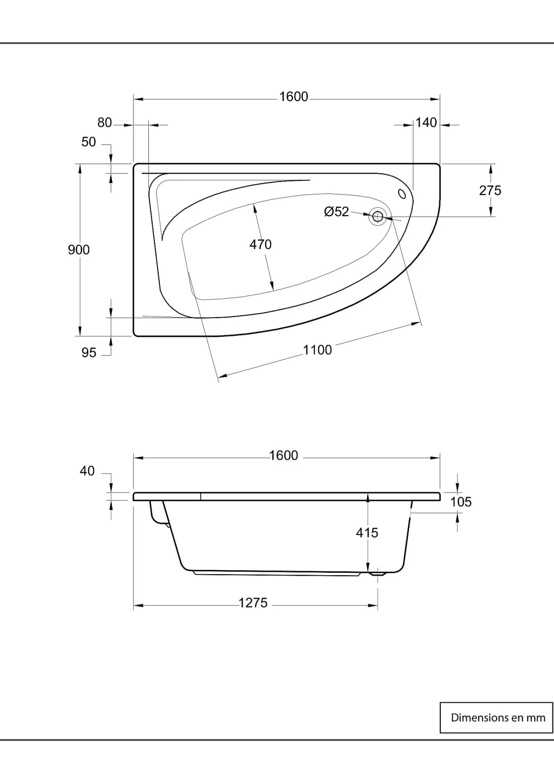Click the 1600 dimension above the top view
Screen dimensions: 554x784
294,96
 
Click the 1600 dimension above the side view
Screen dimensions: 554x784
283,456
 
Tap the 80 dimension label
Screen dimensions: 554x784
104,123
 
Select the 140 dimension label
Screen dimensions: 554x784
426,123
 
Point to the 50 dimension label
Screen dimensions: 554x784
89,142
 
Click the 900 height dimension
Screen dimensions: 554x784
79,250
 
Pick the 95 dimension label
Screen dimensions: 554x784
89,353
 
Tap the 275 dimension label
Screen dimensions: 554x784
490,190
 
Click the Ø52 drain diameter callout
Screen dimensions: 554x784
336,211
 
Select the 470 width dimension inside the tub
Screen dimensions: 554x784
260,244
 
